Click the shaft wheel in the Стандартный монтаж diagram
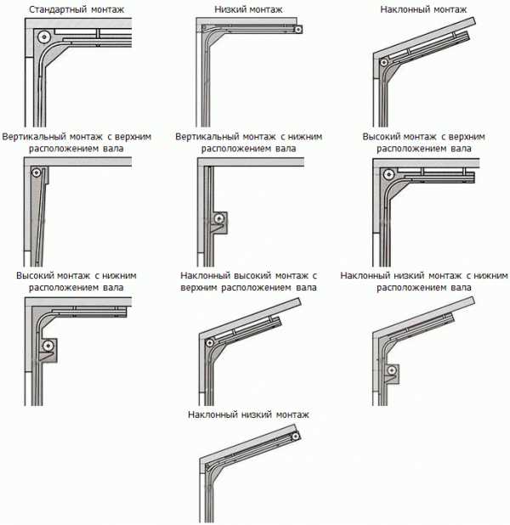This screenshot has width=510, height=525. (x=44, y=37)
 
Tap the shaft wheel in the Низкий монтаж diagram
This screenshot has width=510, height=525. (x=297, y=30)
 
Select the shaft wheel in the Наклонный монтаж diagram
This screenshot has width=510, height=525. (x=384, y=62)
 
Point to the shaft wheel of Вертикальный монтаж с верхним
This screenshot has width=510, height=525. (x=37, y=172)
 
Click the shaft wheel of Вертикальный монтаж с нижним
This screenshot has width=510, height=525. (x=219, y=219)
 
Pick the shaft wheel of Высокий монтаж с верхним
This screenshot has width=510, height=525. (x=388, y=174)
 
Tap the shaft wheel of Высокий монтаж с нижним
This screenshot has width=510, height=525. (x=48, y=346)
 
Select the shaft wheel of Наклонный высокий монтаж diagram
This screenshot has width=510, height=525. (x=210, y=343)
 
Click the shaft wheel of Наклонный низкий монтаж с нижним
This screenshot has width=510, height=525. (x=391, y=370)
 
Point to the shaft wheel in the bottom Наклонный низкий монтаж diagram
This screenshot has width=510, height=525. (x=295, y=437)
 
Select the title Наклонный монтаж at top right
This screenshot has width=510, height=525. (x=423, y=9)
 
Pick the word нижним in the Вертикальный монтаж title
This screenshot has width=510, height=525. (x=304, y=137)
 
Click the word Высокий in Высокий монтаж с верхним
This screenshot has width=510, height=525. (x=381, y=137)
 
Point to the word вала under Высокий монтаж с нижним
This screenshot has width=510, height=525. (x=113, y=288)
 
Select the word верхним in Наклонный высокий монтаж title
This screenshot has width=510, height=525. (x=199, y=288)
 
